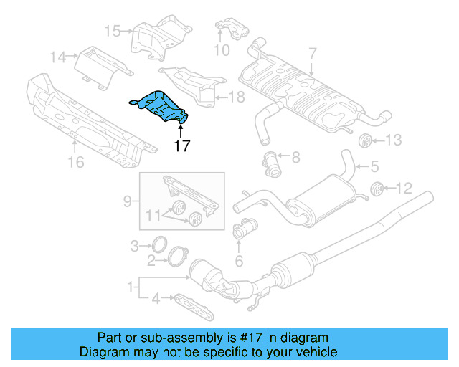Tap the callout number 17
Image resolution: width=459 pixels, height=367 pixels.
coord(181,146)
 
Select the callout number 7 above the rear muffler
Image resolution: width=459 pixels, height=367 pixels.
coord(312,53)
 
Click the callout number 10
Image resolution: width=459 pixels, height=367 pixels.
coord(222,50)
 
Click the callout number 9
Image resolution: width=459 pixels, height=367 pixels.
coord(128,201)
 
